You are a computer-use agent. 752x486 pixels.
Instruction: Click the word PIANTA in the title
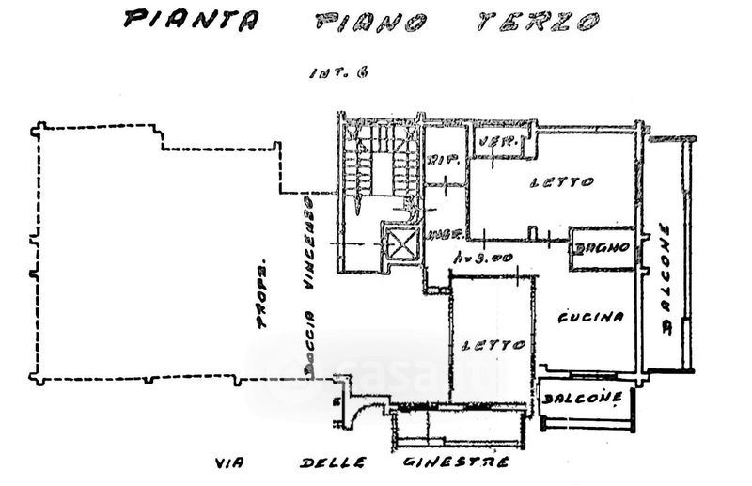tap(179, 18)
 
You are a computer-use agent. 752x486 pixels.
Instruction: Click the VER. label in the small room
tap(491, 144)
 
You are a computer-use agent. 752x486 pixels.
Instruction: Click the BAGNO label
tap(603, 250)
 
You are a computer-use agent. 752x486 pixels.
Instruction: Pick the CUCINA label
tap(591, 318)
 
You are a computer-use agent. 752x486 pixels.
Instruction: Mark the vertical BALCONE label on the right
tap(666, 279)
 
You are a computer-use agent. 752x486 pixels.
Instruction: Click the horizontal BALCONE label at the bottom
tap(584, 399)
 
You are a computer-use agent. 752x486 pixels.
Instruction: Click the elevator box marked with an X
tap(400, 245)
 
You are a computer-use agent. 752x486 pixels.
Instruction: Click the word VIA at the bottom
tap(228, 464)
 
